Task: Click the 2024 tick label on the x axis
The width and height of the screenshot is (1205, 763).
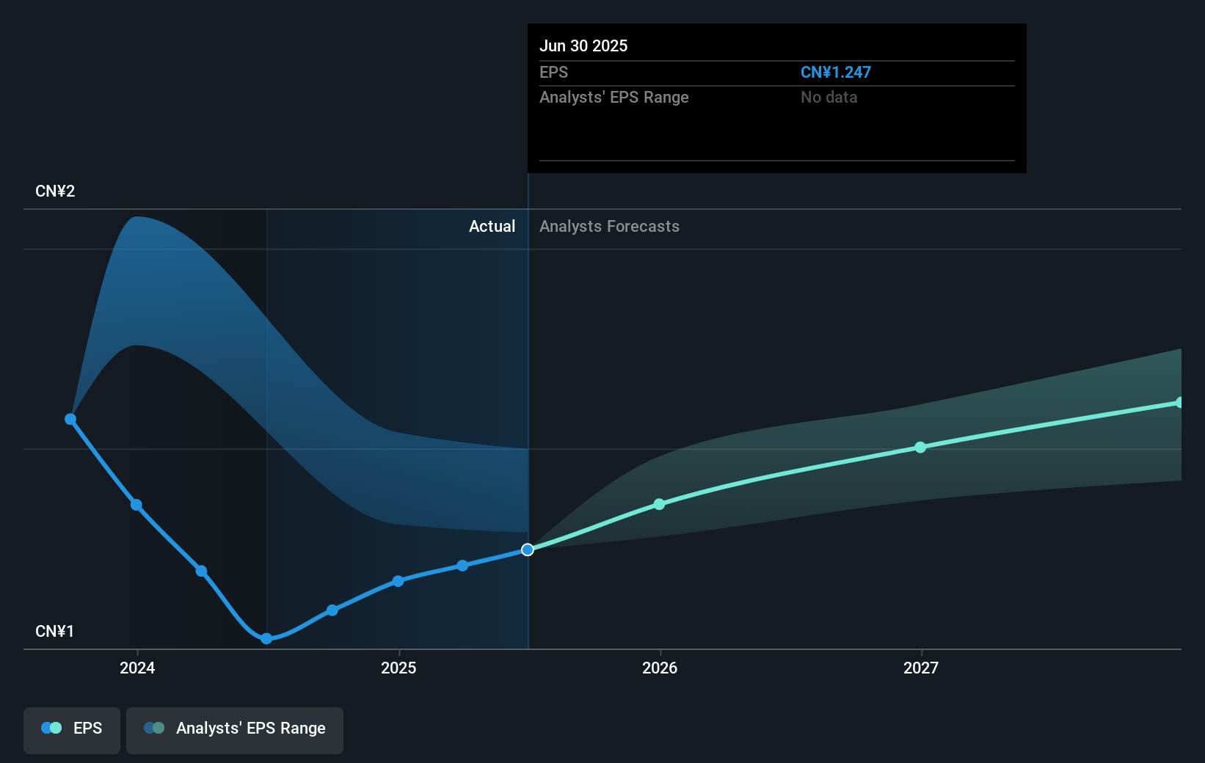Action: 137,668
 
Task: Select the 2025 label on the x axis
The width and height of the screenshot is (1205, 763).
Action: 398,668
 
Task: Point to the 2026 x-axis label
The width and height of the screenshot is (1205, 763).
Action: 660,668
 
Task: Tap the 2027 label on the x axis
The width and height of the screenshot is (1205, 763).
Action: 921,668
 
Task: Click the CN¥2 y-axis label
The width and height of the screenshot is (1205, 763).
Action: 55,191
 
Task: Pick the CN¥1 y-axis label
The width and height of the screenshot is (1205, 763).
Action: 55,632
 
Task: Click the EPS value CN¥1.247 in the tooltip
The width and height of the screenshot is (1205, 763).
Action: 835,73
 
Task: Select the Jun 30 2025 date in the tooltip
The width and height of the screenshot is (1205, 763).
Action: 583,45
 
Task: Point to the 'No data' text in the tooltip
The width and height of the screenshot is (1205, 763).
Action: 829,98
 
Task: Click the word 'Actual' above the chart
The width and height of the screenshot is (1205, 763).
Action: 492,227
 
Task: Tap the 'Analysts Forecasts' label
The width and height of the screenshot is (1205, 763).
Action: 609,227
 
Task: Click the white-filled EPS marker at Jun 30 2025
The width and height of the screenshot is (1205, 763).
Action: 528,550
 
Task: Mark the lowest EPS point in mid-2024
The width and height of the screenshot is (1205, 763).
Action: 266,639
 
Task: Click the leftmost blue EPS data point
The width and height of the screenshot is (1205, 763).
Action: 70,419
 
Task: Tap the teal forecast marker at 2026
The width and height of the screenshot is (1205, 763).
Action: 659,504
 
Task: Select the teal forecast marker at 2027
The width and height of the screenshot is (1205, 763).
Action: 920,448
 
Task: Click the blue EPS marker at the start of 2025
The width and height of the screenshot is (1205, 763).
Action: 398,581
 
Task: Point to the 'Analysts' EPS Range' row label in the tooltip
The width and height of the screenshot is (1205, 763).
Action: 614,98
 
